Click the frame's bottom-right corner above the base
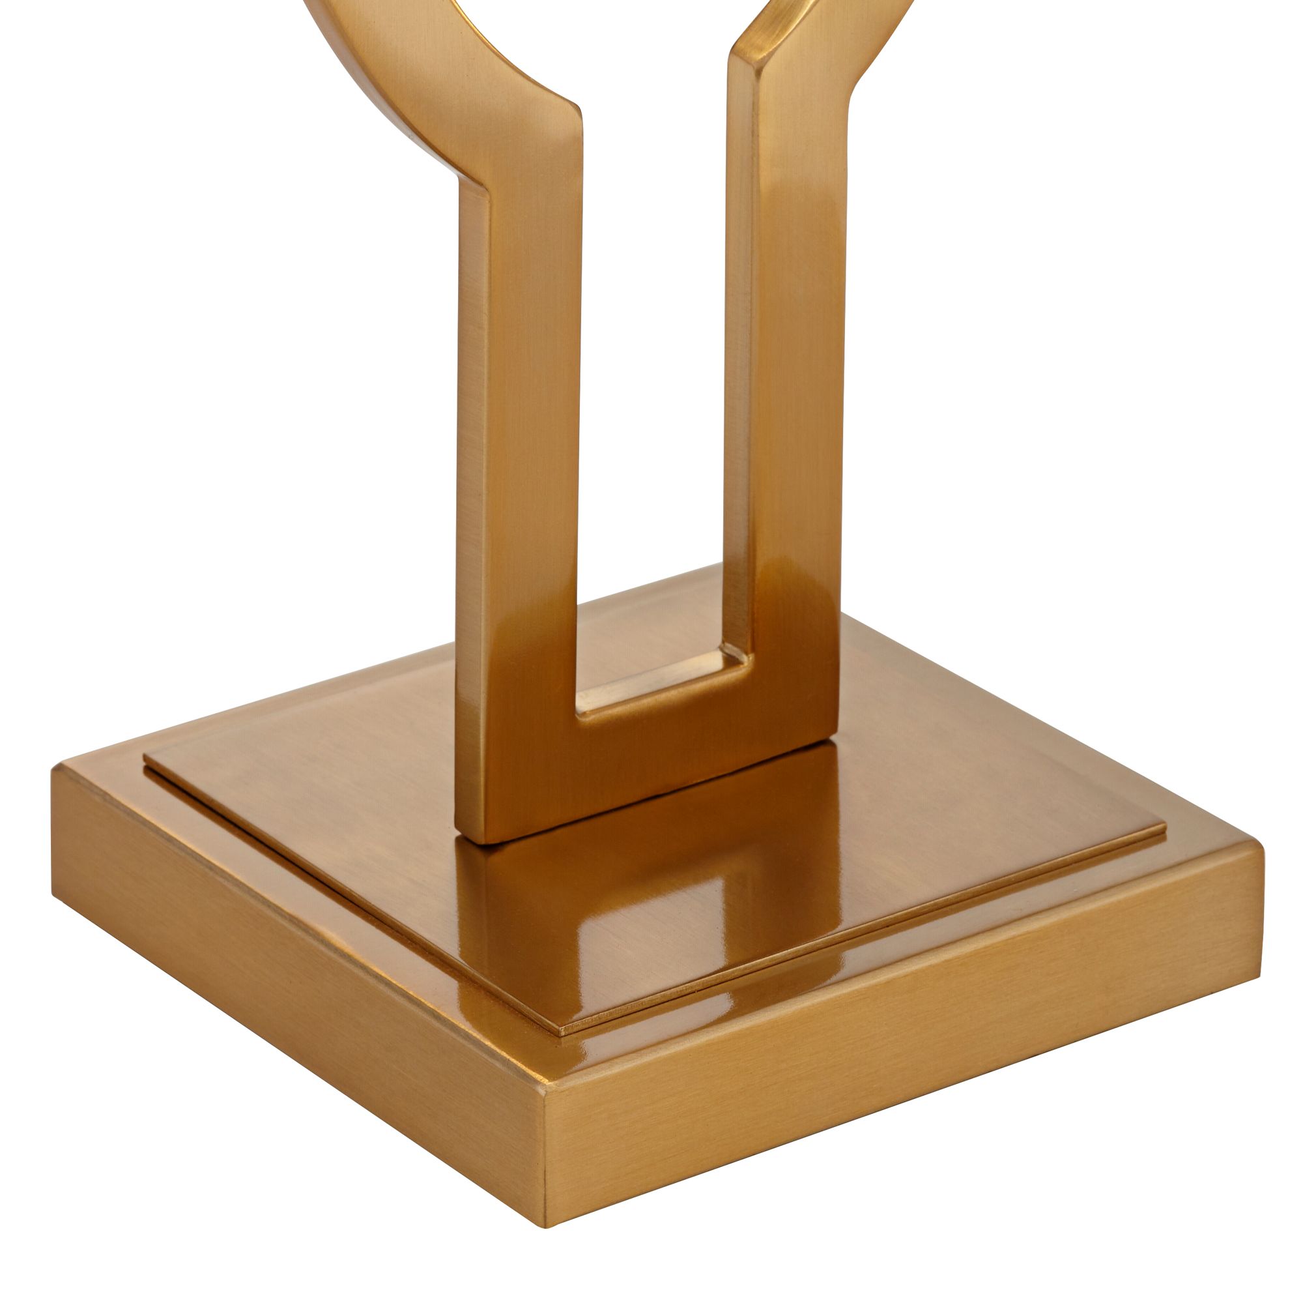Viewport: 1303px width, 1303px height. click(x=837, y=739)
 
